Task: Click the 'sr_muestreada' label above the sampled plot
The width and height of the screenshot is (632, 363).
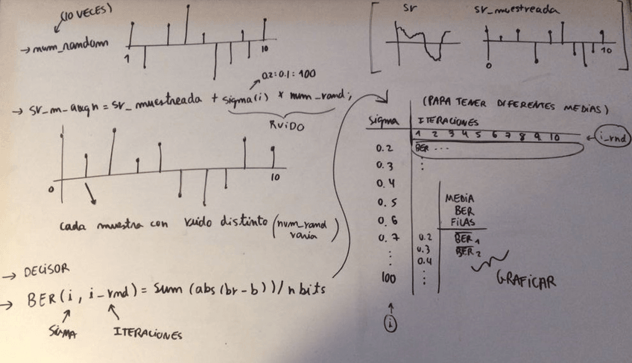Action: point(514,11)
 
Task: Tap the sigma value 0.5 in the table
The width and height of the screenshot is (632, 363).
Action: point(385,202)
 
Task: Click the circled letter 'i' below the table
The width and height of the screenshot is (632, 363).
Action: point(390,323)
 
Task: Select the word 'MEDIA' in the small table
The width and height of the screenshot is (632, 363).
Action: point(460,199)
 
